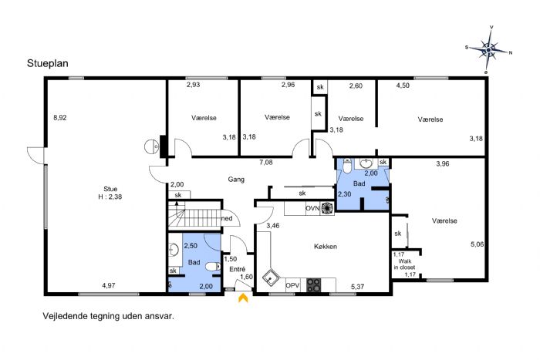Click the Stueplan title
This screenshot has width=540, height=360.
point(48,64)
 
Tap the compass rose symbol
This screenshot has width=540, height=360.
point(488,50)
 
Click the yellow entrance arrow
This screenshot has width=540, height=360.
point(243,298)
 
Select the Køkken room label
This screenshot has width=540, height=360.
point(326,247)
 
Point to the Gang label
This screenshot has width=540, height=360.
point(236,180)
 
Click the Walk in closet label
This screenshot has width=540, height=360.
point(405,264)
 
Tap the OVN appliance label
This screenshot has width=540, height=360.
point(312,208)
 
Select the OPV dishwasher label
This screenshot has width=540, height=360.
point(292,285)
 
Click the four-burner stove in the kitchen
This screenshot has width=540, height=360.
point(314,285)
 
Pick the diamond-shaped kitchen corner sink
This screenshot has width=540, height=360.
point(270,278)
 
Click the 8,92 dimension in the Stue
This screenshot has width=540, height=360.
point(60,118)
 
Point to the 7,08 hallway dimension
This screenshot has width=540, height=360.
point(266,163)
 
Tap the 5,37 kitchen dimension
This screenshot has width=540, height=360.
point(357,286)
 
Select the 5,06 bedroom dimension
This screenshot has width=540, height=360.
point(478,244)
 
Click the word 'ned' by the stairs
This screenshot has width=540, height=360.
point(227,218)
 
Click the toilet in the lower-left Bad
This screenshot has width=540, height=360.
point(214,267)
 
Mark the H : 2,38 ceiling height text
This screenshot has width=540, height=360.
point(110,197)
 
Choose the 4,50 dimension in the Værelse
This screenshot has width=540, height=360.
point(403,86)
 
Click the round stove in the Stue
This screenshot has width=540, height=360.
point(151,147)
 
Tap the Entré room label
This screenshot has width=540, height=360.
point(238,269)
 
